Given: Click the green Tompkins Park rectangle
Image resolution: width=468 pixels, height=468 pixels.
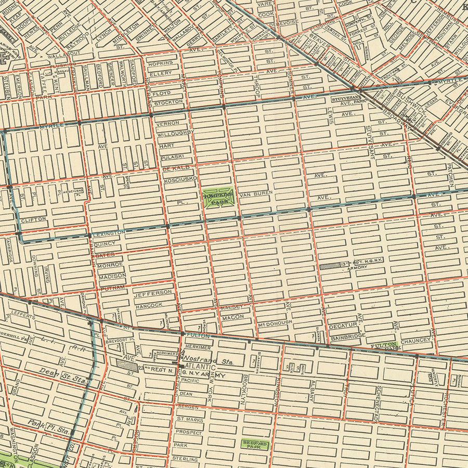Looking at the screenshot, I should point(218,198).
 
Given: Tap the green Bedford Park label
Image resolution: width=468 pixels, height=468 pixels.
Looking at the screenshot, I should point(255,444).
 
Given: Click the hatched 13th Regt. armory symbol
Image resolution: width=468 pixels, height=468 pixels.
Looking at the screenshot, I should point(329,266).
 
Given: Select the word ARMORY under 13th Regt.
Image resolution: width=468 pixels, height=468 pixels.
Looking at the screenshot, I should point(357,267).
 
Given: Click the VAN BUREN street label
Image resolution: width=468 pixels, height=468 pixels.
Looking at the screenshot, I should point(256,193).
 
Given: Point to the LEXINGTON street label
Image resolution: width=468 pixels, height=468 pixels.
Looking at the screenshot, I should point(110,232).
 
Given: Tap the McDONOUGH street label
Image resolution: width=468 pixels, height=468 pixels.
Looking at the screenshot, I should point(275,322).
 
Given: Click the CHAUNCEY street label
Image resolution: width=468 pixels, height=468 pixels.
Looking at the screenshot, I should point(416,340).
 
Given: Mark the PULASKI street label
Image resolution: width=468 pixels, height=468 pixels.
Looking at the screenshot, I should point(172,156).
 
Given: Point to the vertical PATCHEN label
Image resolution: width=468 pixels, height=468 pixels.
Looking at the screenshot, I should point(450,176).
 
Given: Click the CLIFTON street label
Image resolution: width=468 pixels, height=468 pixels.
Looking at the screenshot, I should point(34,220).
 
